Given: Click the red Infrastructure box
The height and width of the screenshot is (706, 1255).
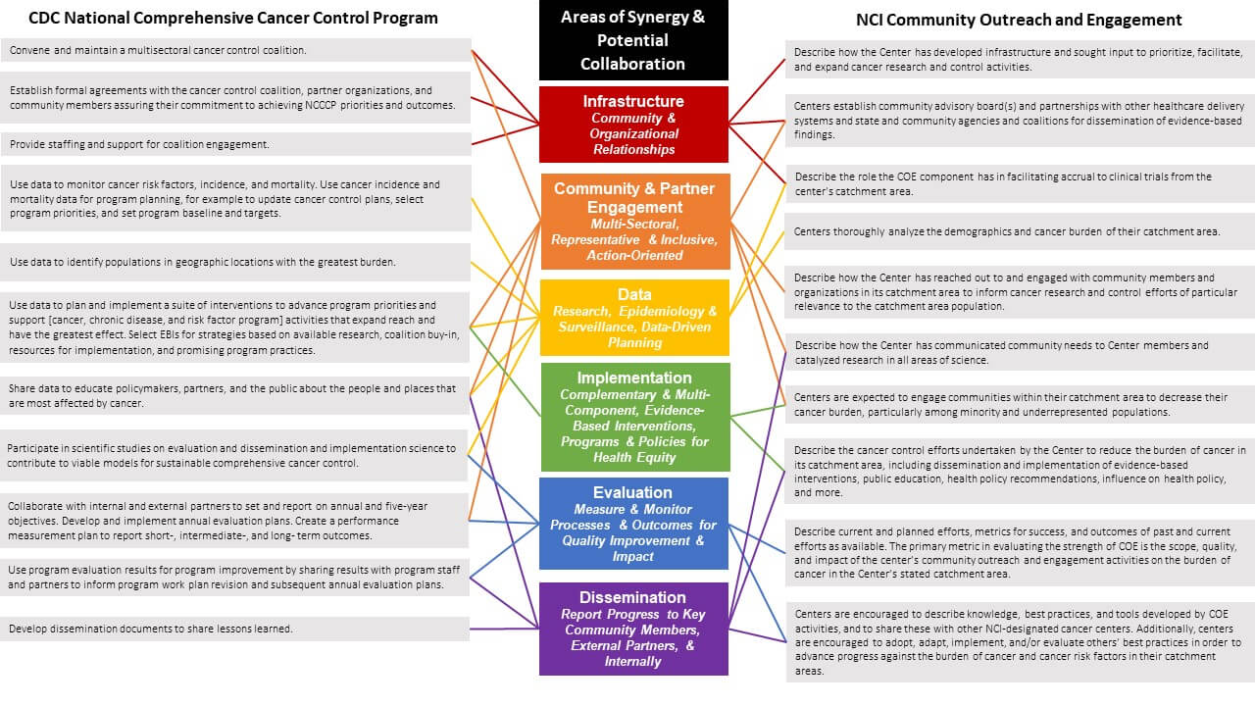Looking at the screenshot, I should tap(633, 125).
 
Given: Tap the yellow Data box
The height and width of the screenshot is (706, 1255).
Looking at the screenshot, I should tap(634, 318).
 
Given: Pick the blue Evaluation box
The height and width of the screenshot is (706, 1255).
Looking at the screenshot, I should tap(633, 524).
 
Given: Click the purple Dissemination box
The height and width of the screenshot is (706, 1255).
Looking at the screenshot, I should tap(633, 629).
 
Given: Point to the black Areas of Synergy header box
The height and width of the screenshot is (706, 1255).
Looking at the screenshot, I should tap(633, 41).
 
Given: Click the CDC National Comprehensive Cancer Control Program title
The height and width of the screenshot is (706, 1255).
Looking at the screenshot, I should tap(233, 19).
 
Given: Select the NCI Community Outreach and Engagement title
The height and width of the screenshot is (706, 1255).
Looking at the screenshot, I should tap(1019, 20).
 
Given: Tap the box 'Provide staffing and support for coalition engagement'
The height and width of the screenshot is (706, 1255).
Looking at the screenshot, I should tap(235, 144).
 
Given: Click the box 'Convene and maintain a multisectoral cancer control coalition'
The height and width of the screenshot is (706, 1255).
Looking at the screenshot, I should tap(235, 50).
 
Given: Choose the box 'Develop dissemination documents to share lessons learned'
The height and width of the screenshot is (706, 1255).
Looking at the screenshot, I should tap(235, 629).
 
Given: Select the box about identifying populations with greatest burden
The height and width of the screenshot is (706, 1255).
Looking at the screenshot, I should tap(235, 262).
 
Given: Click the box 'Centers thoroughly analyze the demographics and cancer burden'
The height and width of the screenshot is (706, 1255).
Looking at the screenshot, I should tap(1020, 231).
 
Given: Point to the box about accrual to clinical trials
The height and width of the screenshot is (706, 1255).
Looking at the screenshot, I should tap(1020, 183).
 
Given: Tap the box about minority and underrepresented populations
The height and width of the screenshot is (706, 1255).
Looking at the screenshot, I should tap(1020, 405).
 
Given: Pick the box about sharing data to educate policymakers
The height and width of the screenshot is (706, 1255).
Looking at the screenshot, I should tap(235, 395).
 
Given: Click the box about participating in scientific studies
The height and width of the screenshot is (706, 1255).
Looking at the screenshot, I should tap(235, 455).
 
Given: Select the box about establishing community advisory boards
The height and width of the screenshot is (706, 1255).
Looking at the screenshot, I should tap(1020, 120).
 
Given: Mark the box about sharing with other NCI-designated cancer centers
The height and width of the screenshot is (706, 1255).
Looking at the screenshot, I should tap(1020, 642).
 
